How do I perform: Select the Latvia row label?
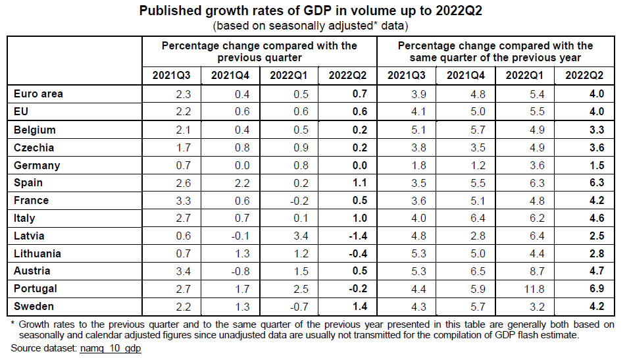(x=29, y=236)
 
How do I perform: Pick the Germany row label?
(x=36, y=165)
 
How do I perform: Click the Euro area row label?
(x=38, y=94)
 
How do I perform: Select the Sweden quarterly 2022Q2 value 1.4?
(x=358, y=307)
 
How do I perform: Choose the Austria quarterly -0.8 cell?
(x=240, y=271)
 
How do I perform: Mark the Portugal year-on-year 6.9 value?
(x=596, y=289)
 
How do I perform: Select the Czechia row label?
(x=33, y=147)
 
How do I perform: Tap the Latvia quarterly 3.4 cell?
(x=300, y=236)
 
